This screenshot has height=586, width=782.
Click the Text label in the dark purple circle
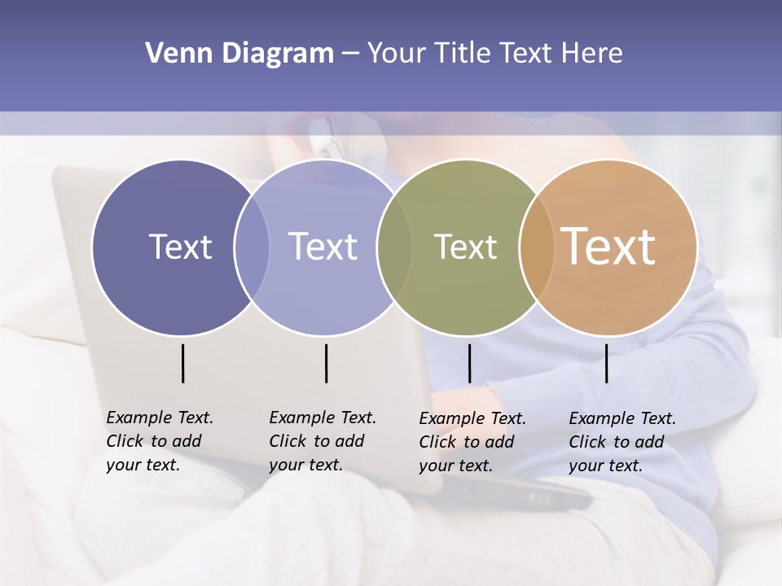180,247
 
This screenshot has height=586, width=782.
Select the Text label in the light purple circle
323,247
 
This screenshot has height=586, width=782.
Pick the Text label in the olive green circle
466,247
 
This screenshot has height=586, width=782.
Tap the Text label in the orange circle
608,246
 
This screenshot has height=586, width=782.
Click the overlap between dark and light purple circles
252,247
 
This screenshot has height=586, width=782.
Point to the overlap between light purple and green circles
394,247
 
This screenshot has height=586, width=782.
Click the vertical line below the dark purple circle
182,363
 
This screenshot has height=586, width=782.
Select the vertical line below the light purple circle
326,363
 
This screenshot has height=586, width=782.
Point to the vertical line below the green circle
469,363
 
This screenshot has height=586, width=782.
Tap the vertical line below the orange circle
606,363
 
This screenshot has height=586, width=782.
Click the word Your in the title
397,54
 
